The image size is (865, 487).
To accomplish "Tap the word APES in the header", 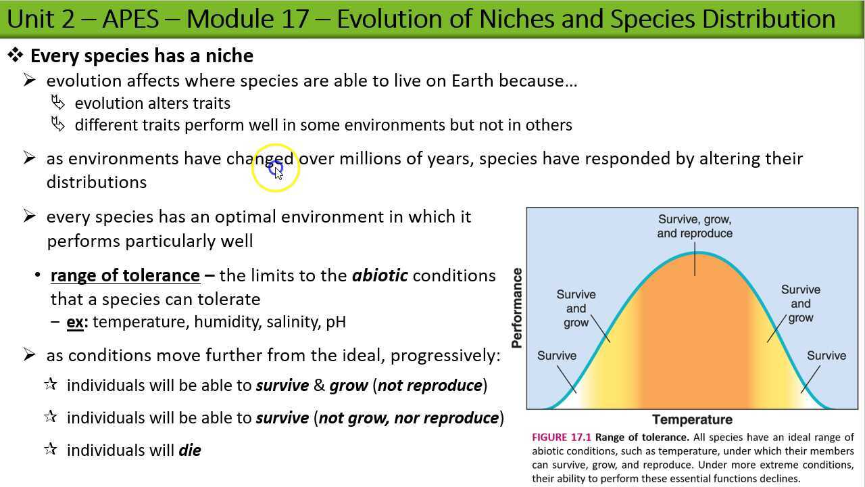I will tap(131, 19).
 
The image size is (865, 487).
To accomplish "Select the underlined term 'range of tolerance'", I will tap(125, 276).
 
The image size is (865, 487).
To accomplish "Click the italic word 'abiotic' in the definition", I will tap(380, 276).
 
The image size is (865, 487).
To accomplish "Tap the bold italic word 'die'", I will tap(190, 450).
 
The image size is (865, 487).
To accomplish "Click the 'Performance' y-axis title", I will tap(517, 308).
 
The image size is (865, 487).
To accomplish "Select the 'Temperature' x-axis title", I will tap(692, 419).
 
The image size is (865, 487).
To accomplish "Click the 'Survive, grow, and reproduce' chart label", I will tap(695, 227).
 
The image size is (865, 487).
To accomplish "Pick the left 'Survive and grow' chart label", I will tap(576, 308).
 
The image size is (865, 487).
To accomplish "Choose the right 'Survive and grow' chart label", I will tap(801, 303).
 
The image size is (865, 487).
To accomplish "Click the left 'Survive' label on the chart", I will tap(557, 356).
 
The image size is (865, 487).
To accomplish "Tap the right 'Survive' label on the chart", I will tap(826, 356).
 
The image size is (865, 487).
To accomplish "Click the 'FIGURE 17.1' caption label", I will tap(561, 438).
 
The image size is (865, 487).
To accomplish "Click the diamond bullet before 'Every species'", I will tap(16, 55).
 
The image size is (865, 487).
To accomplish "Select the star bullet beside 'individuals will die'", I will tap(50, 449).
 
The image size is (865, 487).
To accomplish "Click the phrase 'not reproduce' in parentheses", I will tap(430, 386).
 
